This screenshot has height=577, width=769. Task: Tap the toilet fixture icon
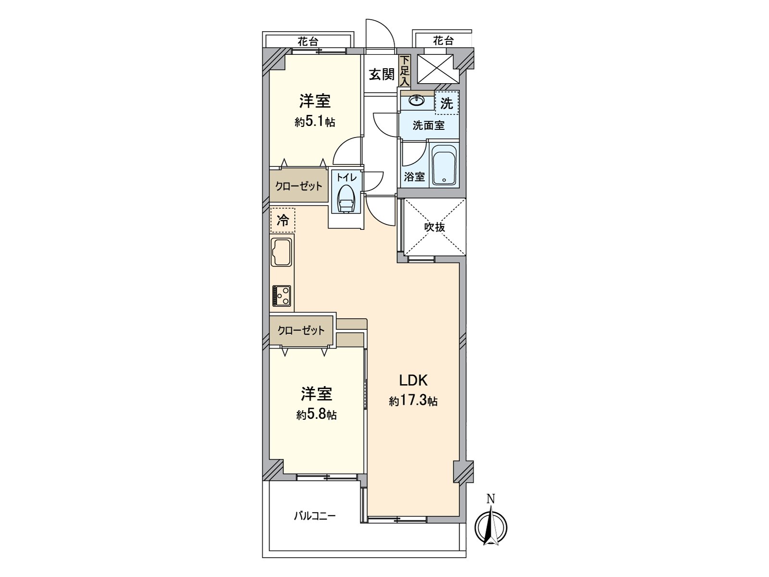point(346,199)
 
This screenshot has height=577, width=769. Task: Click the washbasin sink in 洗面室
point(417,101)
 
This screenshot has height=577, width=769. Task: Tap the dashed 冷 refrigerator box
point(283,221)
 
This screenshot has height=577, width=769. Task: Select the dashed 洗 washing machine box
point(447,103)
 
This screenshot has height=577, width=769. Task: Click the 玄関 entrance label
point(382,75)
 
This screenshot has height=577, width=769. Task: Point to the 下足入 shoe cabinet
point(405,72)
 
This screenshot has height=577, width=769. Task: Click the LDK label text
point(413,380)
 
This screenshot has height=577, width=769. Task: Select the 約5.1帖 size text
point(315,122)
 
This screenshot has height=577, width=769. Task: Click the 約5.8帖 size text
point(316,415)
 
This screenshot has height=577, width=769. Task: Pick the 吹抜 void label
point(434,227)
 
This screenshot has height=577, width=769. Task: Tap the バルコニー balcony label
point(315,516)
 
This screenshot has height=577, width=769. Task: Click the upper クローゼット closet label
point(298,186)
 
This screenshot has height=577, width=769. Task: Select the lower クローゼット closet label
point(301,330)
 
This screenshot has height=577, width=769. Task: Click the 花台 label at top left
point(308,42)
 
